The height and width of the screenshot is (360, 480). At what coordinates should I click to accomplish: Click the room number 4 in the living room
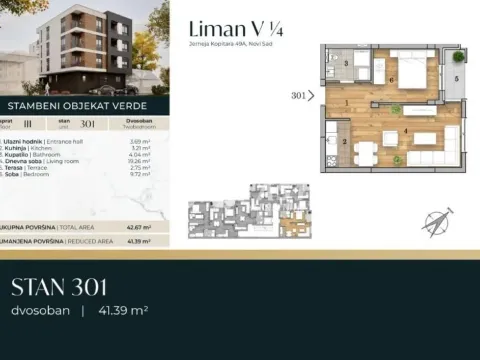point(405,131)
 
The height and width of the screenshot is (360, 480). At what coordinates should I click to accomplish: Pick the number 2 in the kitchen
point(344,141)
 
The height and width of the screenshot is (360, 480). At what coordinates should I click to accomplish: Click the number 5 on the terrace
point(455,77)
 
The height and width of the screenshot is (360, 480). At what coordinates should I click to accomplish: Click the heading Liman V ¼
point(227,30)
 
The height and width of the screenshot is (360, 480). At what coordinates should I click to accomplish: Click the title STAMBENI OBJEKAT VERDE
point(79,103)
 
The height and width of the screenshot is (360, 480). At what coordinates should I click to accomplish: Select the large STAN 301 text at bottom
point(59,289)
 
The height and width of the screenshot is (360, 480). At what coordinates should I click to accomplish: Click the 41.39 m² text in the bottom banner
point(122,312)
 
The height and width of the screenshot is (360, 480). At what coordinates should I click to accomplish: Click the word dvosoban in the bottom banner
point(39,312)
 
